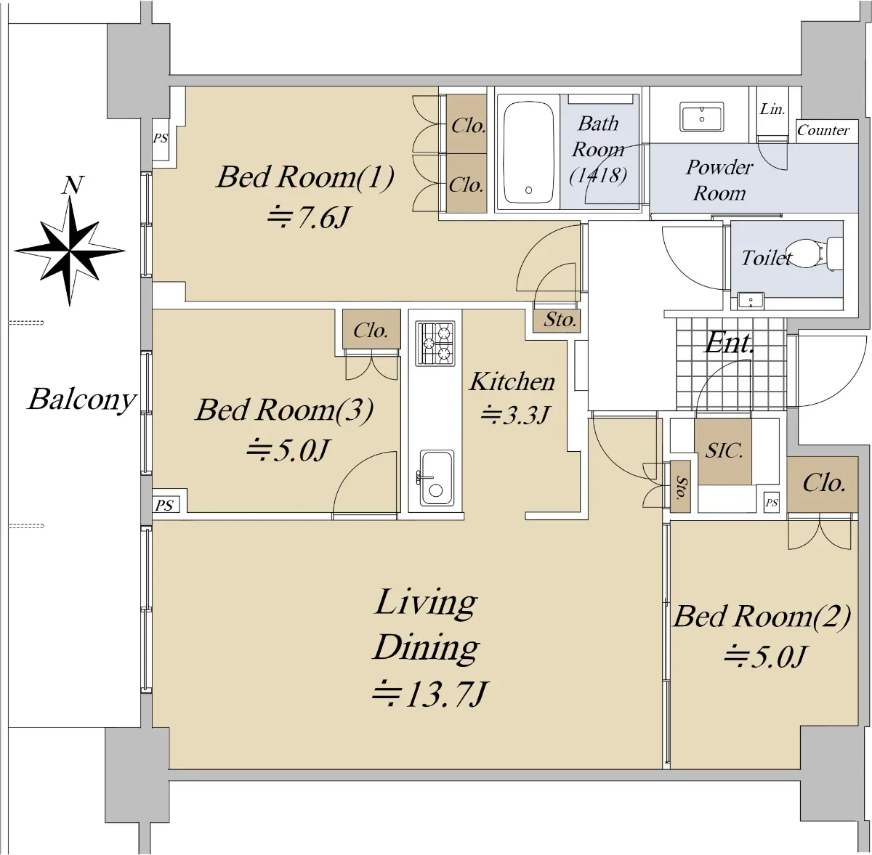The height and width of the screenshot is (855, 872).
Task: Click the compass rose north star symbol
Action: [x=70, y=251]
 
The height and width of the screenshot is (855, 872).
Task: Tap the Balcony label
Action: [x=82, y=401]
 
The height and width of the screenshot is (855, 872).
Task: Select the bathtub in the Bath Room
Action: [x=528, y=152]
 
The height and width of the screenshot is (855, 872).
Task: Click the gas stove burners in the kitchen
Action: [x=435, y=344]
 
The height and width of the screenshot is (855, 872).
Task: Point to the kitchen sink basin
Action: [x=436, y=477]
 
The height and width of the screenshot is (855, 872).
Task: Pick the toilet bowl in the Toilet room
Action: [x=810, y=252]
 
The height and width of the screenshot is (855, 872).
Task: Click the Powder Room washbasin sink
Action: [x=701, y=116]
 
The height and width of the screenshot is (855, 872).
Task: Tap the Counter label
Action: [x=823, y=130]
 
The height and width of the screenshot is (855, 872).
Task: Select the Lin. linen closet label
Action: [x=772, y=109]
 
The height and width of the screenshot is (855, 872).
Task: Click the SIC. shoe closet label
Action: [x=724, y=450]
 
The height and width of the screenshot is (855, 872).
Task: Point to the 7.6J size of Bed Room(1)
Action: [x=308, y=218]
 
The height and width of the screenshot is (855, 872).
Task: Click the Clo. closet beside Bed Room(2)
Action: [x=822, y=484]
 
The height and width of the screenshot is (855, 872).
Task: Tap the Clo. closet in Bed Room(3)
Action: [x=371, y=329]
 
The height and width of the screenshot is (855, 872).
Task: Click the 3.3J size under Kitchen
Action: [x=515, y=414]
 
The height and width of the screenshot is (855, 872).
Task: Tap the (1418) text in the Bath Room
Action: [x=598, y=175]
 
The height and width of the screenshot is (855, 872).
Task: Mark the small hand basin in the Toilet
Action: [x=750, y=301]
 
